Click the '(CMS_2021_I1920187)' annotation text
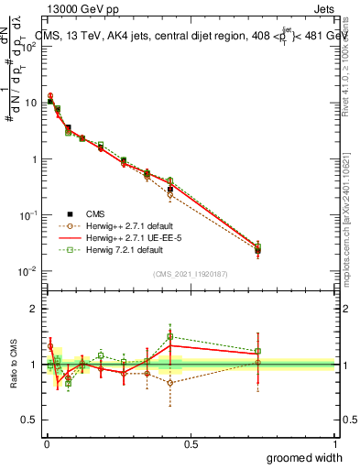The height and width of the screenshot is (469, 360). coord(191,273)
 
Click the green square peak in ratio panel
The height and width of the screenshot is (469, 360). coord(170,336)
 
